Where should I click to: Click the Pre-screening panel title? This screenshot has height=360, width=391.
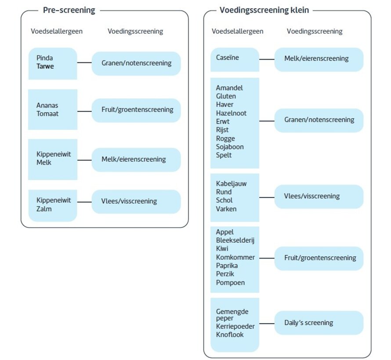(x=69, y=10)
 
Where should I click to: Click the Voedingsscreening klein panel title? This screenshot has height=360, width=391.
(x=264, y=10)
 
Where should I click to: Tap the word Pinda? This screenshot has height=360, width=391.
(x=45, y=58)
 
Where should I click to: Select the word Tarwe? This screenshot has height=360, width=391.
(x=46, y=66)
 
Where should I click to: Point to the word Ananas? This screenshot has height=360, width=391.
(x=47, y=105)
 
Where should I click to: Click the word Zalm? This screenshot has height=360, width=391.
(x=44, y=209)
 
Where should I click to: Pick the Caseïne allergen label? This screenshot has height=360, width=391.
(x=228, y=58)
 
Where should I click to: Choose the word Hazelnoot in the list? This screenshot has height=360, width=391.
(x=231, y=113)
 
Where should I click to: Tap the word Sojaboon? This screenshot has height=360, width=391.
(x=230, y=147)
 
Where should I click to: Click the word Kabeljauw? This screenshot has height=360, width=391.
(x=231, y=184)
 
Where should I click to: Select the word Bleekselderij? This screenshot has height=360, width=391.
(x=235, y=240)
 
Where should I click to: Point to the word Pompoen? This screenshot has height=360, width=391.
(x=230, y=282)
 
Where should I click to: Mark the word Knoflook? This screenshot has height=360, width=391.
(x=230, y=335)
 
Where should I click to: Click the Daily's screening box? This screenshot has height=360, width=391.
(x=319, y=323)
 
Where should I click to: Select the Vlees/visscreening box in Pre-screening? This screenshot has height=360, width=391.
(x=136, y=202)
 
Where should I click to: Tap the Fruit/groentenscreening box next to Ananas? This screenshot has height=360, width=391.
(x=136, y=110)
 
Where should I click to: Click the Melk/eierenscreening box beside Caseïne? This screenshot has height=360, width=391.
(x=319, y=59)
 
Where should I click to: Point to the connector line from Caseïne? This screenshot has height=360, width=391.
(x=267, y=59)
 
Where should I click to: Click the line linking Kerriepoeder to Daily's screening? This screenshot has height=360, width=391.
(x=267, y=323)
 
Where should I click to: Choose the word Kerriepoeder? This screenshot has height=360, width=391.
(x=235, y=326)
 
